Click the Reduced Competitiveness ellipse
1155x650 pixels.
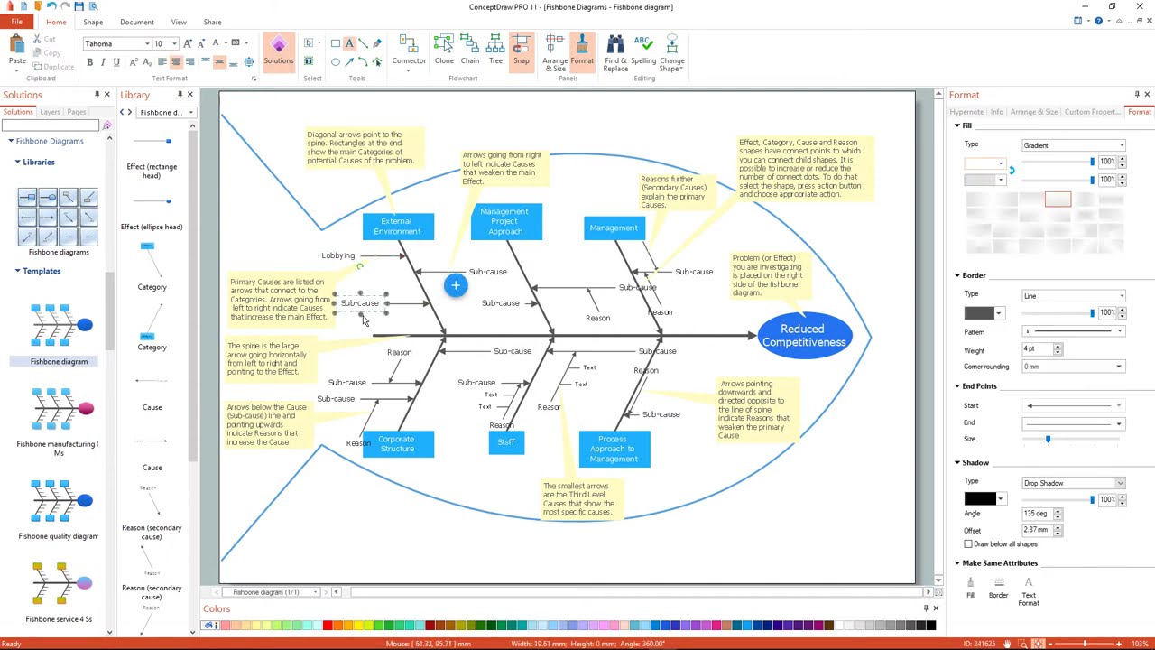tap(803, 335)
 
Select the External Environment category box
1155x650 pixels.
tap(397, 227)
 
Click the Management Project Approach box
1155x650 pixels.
tap(505, 222)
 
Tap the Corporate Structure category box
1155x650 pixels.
tap(397, 444)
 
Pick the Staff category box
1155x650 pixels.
tap(505, 442)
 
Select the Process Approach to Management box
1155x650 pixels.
tap(614, 449)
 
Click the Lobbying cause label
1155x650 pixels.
tap(338, 255)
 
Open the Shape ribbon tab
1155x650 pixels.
tap(93, 22)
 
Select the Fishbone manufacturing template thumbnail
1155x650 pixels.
tap(60, 411)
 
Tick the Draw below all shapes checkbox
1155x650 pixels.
tap(968, 544)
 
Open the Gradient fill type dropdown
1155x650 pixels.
tap(1073, 144)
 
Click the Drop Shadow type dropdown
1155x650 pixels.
tap(1073, 483)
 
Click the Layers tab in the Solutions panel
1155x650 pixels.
tap(50, 112)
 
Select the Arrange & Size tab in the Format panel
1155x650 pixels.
tap(1034, 112)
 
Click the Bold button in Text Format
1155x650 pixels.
tap(89, 61)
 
